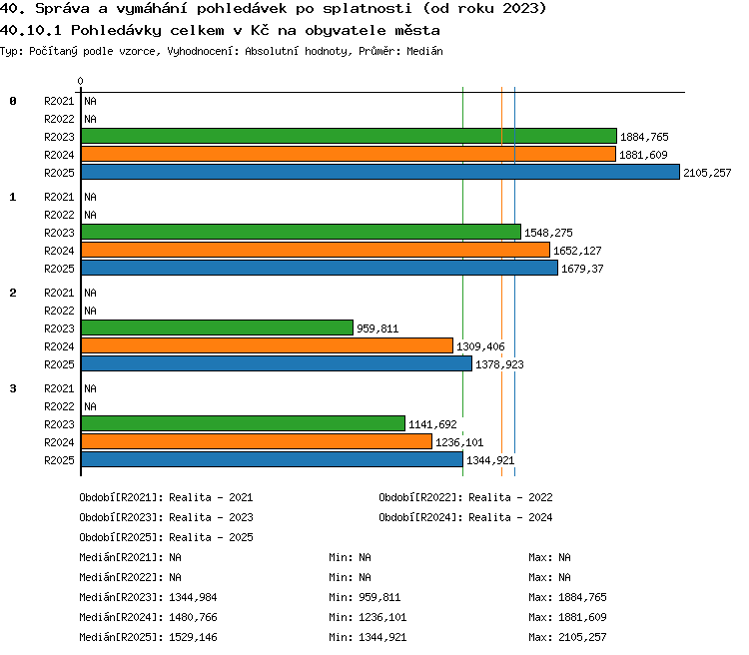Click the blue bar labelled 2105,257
pos(380,172)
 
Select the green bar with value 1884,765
pos(349,136)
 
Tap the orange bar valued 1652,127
pos(316,250)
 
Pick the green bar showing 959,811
pos(217,327)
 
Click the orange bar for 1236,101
pos(257,441)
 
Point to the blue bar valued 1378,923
pos(277,363)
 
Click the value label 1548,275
pos(548,233)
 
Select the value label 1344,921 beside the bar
pos(490,460)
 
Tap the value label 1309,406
pos(480,346)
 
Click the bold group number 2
pos(13,293)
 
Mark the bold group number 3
pos(13,388)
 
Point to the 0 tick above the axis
pos(80,81)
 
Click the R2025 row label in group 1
pos(59,269)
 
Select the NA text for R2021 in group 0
pos(90,101)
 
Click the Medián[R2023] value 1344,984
pos(193,597)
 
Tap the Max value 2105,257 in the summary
pos(582,637)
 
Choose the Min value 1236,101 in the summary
pos(382,617)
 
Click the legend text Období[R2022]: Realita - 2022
pos(465,497)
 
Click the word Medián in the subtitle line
pos(424,51)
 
